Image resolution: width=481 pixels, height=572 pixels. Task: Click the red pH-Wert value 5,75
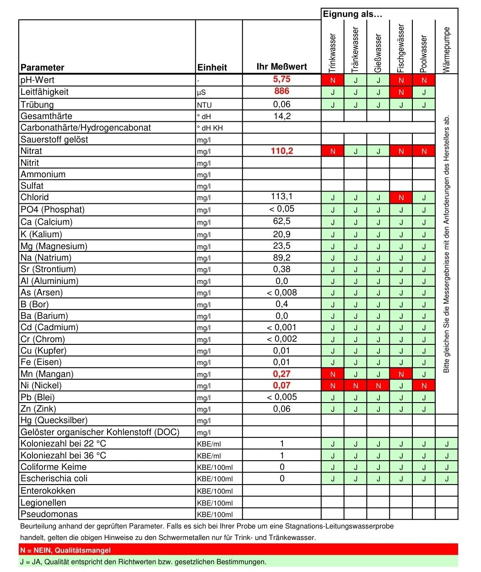[281, 79]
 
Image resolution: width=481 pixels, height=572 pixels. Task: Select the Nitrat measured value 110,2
[281, 151]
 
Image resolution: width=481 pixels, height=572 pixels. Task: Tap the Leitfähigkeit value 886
[281, 91]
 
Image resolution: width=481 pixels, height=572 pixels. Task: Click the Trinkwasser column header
[333, 53]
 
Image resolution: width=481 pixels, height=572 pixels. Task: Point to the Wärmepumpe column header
[447, 49]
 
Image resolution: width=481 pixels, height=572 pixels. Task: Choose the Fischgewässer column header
[401, 48]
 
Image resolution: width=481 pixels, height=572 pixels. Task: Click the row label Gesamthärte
[46, 116]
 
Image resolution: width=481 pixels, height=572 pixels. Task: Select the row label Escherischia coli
[54, 478]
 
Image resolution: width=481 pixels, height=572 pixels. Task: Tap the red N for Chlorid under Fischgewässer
[401, 198]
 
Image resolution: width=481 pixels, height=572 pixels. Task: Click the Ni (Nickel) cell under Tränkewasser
[356, 386]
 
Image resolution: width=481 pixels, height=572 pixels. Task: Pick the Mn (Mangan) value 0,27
[281, 374]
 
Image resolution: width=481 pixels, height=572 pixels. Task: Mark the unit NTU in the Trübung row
[205, 105]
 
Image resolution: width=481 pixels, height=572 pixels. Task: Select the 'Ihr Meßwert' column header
[281, 67]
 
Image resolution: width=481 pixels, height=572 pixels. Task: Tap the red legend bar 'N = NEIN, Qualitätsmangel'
[238, 550]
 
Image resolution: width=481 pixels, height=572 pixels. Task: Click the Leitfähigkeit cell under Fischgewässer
[401, 92]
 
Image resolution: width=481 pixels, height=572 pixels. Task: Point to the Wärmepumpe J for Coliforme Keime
[447, 468]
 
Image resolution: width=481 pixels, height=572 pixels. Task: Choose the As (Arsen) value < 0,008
[281, 292]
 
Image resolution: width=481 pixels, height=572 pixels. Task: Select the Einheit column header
[212, 67]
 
